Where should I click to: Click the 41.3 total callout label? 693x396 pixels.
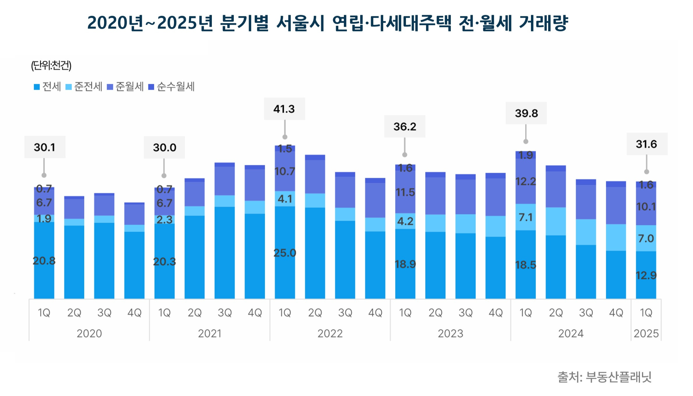(x=284, y=109)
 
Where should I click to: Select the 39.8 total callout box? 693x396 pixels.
(x=526, y=113)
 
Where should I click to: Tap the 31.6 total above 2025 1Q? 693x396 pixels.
(x=646, y=144)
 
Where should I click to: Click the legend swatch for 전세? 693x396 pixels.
(x=37, y=87)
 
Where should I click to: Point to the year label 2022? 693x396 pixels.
(x=330, y=333)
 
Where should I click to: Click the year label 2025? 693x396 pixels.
(x=646, y=333)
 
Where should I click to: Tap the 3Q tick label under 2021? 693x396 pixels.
(x=225, y=313)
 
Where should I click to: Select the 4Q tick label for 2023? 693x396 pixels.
(x=496, y=313)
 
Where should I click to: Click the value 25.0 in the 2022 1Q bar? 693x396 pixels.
(x=285, y=253)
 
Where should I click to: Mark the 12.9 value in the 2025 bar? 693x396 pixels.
(x=646, y=275)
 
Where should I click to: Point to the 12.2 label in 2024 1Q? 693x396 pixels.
(x=526, y=181)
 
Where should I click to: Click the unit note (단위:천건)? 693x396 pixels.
(x=51, y=65)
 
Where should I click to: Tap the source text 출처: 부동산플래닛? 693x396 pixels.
(x=604, y=377)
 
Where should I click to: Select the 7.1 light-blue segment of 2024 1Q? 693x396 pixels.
(x=526, y=217)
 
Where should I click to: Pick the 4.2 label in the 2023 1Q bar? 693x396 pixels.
(x=405, y=221)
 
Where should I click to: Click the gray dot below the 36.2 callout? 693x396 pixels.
(x=405, y=155)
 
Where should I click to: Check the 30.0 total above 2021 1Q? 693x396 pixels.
(x=164, y=148)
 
